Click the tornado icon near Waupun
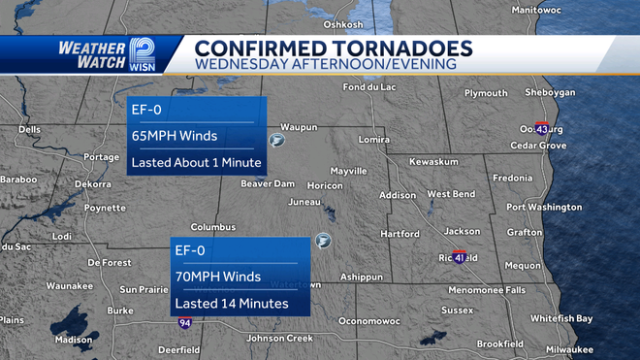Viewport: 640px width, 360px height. tap(277, 142)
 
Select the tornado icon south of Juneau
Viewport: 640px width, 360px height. tap(323, 241)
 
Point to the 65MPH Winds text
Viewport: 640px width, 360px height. tap(175, 136)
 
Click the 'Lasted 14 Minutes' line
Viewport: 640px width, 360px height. tap(231, 303)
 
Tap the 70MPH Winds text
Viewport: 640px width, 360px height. tap(217, 277)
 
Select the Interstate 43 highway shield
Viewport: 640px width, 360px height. tap(542, 128)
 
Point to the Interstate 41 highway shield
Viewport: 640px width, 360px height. tap(460, 258)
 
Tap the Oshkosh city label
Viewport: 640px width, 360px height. tap(342, 24)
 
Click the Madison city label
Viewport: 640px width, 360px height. tap(74, 340)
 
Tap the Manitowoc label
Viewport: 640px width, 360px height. tap(562, 9)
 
